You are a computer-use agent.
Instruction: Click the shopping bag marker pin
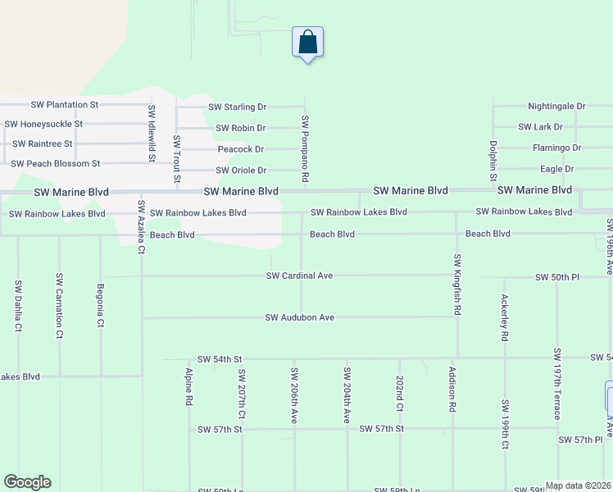307,42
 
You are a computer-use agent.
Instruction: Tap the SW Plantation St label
64,105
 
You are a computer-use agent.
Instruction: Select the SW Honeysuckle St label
43,124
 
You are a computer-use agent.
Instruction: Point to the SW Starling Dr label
238,107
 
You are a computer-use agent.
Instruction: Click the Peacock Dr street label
241,149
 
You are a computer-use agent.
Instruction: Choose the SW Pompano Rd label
305,148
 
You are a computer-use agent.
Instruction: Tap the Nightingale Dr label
556,107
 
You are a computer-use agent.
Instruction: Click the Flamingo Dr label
556,148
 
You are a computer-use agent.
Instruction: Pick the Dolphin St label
493,160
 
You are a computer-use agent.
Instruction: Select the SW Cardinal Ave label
299,276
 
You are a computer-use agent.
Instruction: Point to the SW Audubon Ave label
300,317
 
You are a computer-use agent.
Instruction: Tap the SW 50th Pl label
556,277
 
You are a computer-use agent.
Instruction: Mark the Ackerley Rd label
505,318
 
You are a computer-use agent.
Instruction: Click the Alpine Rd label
189,388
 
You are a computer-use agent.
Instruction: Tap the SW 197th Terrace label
557,384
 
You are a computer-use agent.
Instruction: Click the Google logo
27,482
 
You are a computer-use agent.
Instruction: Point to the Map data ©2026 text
578,485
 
